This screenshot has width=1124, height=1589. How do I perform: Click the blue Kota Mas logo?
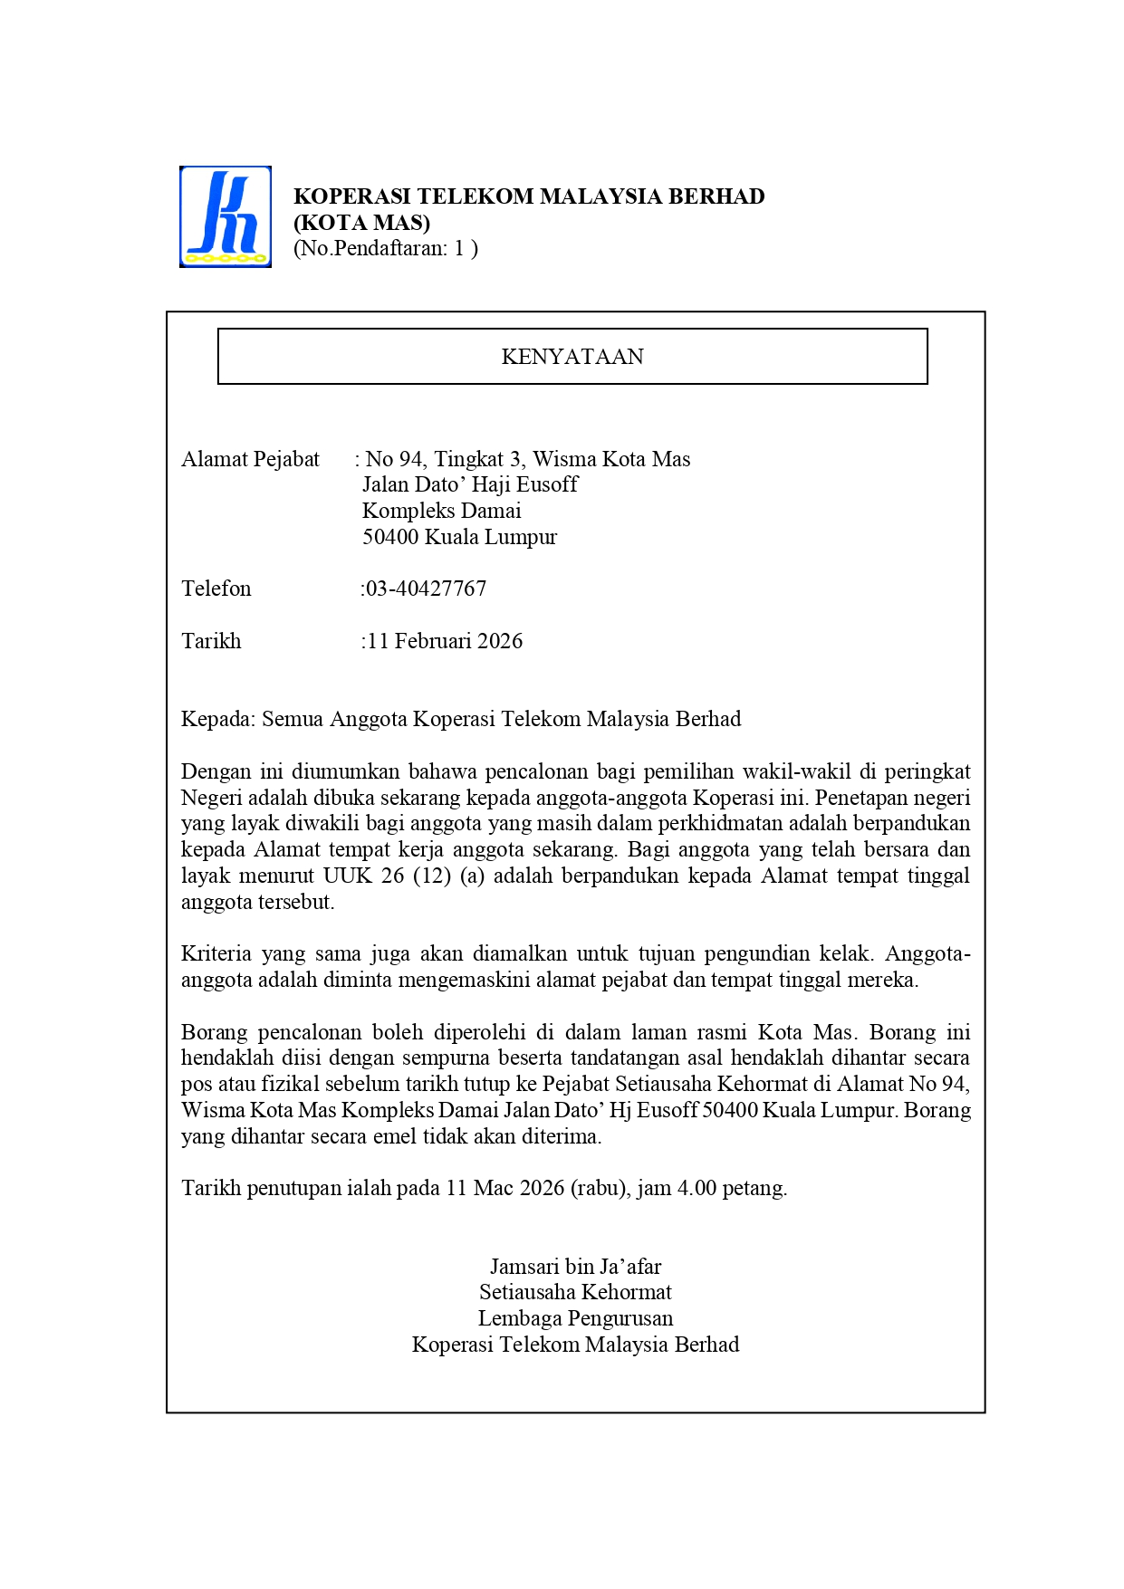pyautogui.click(x=226, y=216)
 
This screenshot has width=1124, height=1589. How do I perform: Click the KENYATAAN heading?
pyautogui.click(x=572, y=357)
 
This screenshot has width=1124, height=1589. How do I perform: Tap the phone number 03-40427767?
pyautogui.click(x=426, y=589)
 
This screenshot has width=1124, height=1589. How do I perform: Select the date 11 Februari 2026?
pyautogui.click(x=445, y=641)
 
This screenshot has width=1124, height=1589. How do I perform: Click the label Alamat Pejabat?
pyautogui.click(x=250, y=459)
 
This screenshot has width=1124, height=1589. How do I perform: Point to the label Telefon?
pyautogui.click(x=216, y=589)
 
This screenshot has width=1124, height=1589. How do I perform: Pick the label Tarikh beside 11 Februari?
pyautogui.click(x=211, y=641)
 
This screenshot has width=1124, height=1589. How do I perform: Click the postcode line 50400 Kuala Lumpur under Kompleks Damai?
pyautogui.click(x=459, y=537)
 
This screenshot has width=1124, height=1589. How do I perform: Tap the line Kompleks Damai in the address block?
pyautogui.click(x=441, y=511)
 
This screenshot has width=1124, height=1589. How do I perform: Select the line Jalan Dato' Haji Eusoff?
pyautogui.click(x=469, y=484)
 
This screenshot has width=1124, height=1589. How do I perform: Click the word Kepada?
pyautogui.click(x=217, y=719)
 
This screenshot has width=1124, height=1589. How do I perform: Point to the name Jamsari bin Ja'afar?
pyautogui.click(x=575, y=1267)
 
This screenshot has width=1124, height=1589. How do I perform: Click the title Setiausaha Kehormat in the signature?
pyautogui.click(x=575, y=1292)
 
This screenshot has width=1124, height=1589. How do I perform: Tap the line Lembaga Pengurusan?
pyautogui.click(x=575, y=1318)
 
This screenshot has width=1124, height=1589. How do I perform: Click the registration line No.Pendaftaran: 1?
pyautogui.click(x=385, y=248)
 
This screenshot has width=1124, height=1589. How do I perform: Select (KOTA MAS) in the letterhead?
pyautogui.click(x=361, y=223)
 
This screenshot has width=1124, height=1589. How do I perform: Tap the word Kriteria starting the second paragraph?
pyautogui.click(x=216, y=953)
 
